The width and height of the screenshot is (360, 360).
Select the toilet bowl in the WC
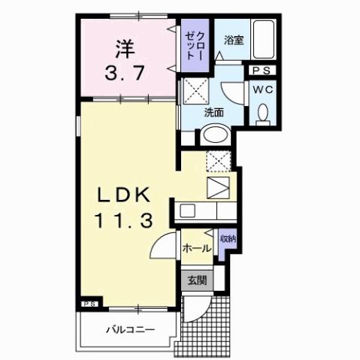point(262,112)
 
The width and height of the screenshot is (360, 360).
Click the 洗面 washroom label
point(214,113)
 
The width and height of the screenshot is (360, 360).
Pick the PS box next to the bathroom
point(262,71)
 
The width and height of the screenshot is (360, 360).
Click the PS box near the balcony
point(89,304)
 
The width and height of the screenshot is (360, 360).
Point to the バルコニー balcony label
point(129,329)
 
